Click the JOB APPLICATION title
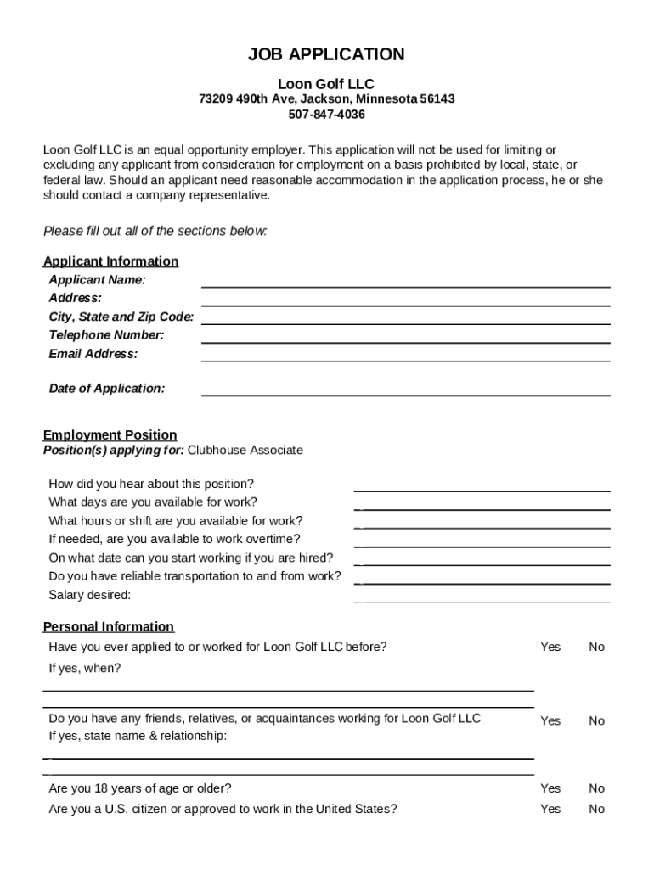(326, 55)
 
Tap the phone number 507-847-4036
(326, 115)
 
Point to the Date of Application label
(107, 389)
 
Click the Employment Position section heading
(110, 435)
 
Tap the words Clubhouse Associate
(245, 451)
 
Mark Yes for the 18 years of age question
(550, 788)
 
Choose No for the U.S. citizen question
(596, 809)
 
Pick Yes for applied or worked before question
(550, 647)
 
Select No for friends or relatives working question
(596, 720)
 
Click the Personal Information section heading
(109, 627)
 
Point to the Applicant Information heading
(111, 261)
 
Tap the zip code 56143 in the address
(437, 99)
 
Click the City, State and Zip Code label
(121, 317)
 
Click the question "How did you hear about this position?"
(151, 484)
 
